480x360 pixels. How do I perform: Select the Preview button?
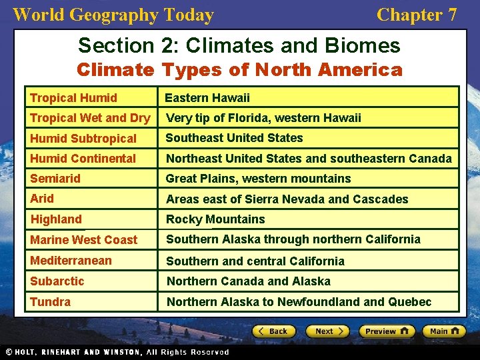[387, 331]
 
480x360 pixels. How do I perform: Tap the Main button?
[445, 331]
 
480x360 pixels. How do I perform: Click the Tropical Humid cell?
[73, 98]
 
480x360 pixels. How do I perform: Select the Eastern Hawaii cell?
[207, 98]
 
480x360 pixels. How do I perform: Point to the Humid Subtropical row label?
[83, 139]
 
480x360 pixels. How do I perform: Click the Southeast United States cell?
[234, 138]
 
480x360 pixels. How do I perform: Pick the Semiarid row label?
[55, 179]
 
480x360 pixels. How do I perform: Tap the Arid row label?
[42, 199]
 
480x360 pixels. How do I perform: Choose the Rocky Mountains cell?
[215, 219]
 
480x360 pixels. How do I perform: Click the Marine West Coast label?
[84, 240]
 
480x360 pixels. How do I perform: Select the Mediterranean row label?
[71, 260]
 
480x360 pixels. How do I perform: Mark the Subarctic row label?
[57, 281]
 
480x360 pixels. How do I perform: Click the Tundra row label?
[50, 302]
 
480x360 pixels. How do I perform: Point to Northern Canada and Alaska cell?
[249, 281]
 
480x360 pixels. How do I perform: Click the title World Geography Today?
[113, 15]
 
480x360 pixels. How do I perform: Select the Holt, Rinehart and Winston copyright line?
[117, 352]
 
